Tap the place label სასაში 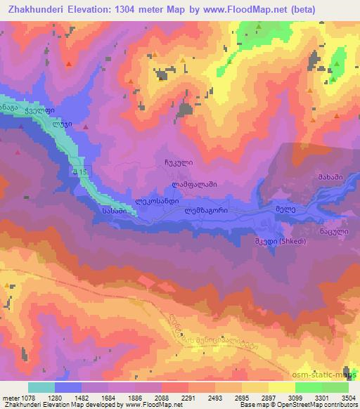(113, 210)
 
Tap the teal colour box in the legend (41, 387)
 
